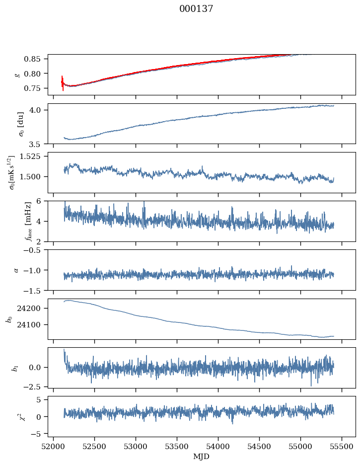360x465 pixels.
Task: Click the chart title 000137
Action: [196, 9]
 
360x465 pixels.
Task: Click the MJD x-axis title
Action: [201, 457]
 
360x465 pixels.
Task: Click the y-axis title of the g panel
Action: [17, 75]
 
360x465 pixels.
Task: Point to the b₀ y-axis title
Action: [9, 319]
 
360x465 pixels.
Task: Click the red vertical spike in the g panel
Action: [63, 83]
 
